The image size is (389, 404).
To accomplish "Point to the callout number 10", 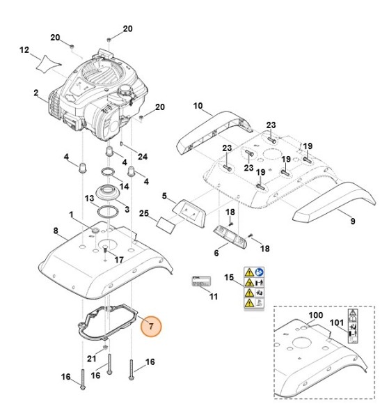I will coord(198,106).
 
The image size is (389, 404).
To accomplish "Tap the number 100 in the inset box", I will coord(316,316).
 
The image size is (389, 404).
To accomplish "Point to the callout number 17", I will coord(119,260).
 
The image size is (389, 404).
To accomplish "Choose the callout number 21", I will coord(91,359).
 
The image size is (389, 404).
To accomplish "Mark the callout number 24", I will coord(143,157).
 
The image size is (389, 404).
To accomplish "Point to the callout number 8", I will coord(55,230).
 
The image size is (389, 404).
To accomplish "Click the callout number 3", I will coord(126,209).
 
